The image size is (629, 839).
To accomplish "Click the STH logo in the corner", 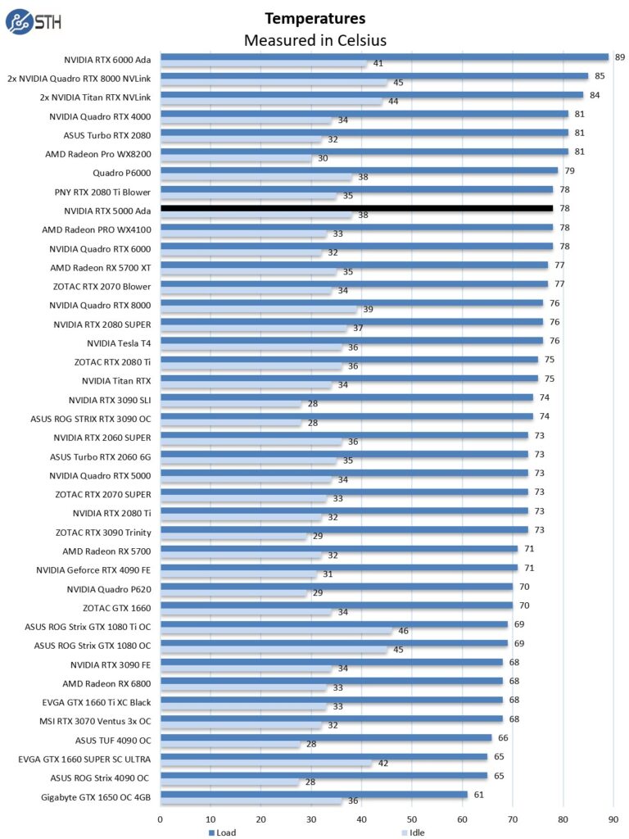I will click(31, 21).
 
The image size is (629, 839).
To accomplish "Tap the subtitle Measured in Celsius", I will click(315, 39).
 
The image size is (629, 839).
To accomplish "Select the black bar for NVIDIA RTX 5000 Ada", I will click(356, 208).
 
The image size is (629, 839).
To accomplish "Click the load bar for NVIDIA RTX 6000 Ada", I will click(384, 57).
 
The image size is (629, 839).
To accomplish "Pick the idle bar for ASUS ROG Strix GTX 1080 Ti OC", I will click(276, 631).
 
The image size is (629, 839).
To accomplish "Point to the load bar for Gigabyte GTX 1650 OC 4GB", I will click(314, 794).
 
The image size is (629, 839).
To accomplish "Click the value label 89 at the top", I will click(620, 57).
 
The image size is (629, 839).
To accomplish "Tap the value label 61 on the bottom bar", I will click(479, 794).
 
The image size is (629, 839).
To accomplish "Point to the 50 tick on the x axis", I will click(412, 818).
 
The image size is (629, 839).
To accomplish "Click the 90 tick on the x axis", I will click(613, 818).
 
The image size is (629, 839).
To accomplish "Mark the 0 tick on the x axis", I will click(161, 818).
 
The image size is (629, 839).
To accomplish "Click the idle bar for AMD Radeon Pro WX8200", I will click(236, 158).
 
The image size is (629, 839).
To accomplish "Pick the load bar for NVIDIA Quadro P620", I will click(336, 587).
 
